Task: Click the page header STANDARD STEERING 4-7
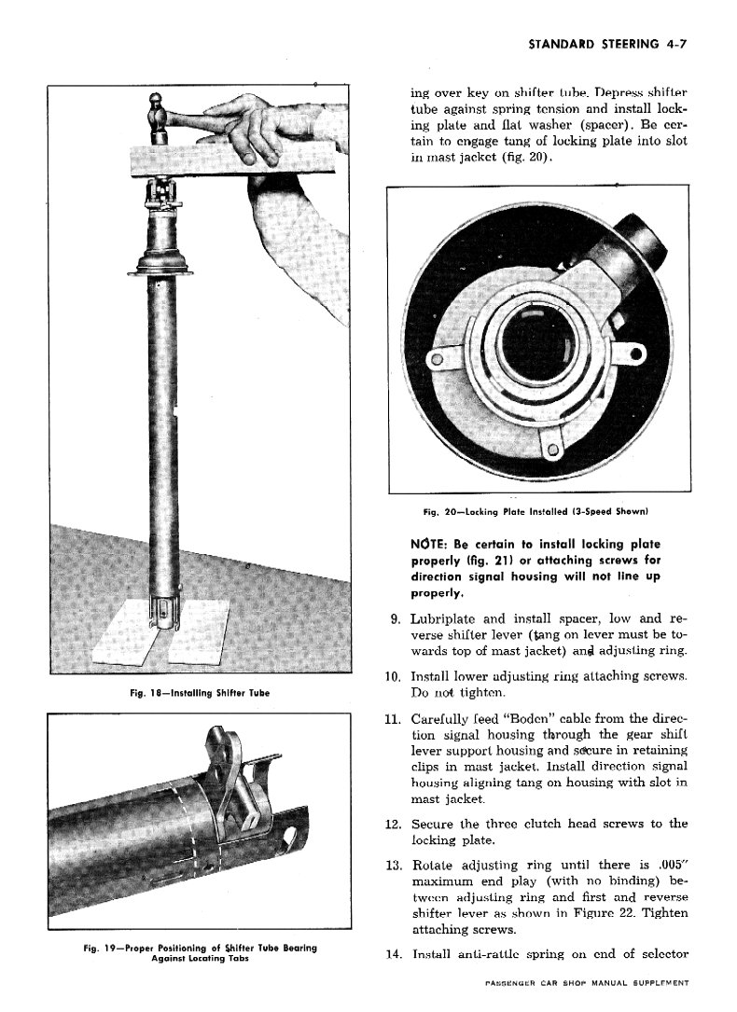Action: tap(606, 43)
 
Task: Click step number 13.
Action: tap(392, 861)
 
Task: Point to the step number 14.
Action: tap(392, 953)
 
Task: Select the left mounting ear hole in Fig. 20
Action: tap(434, 359)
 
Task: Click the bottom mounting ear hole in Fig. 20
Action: tap(553, 451)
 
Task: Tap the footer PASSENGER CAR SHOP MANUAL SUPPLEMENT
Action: tap(586, 984)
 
